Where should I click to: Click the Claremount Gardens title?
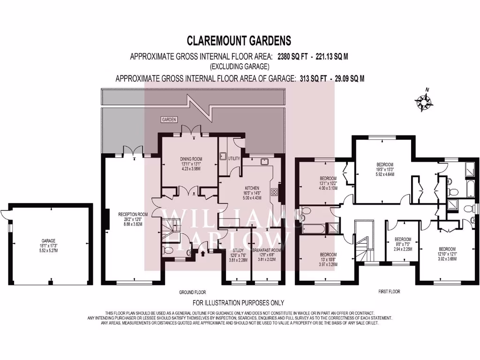coord(239,41)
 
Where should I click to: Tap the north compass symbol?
coord(424,102)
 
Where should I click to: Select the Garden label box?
coord(169,120)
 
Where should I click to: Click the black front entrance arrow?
coord(202,254)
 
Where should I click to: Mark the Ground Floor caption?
coord(192,292)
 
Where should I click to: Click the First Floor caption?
coord(389,292)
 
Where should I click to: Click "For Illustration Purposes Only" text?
coord(238,303)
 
